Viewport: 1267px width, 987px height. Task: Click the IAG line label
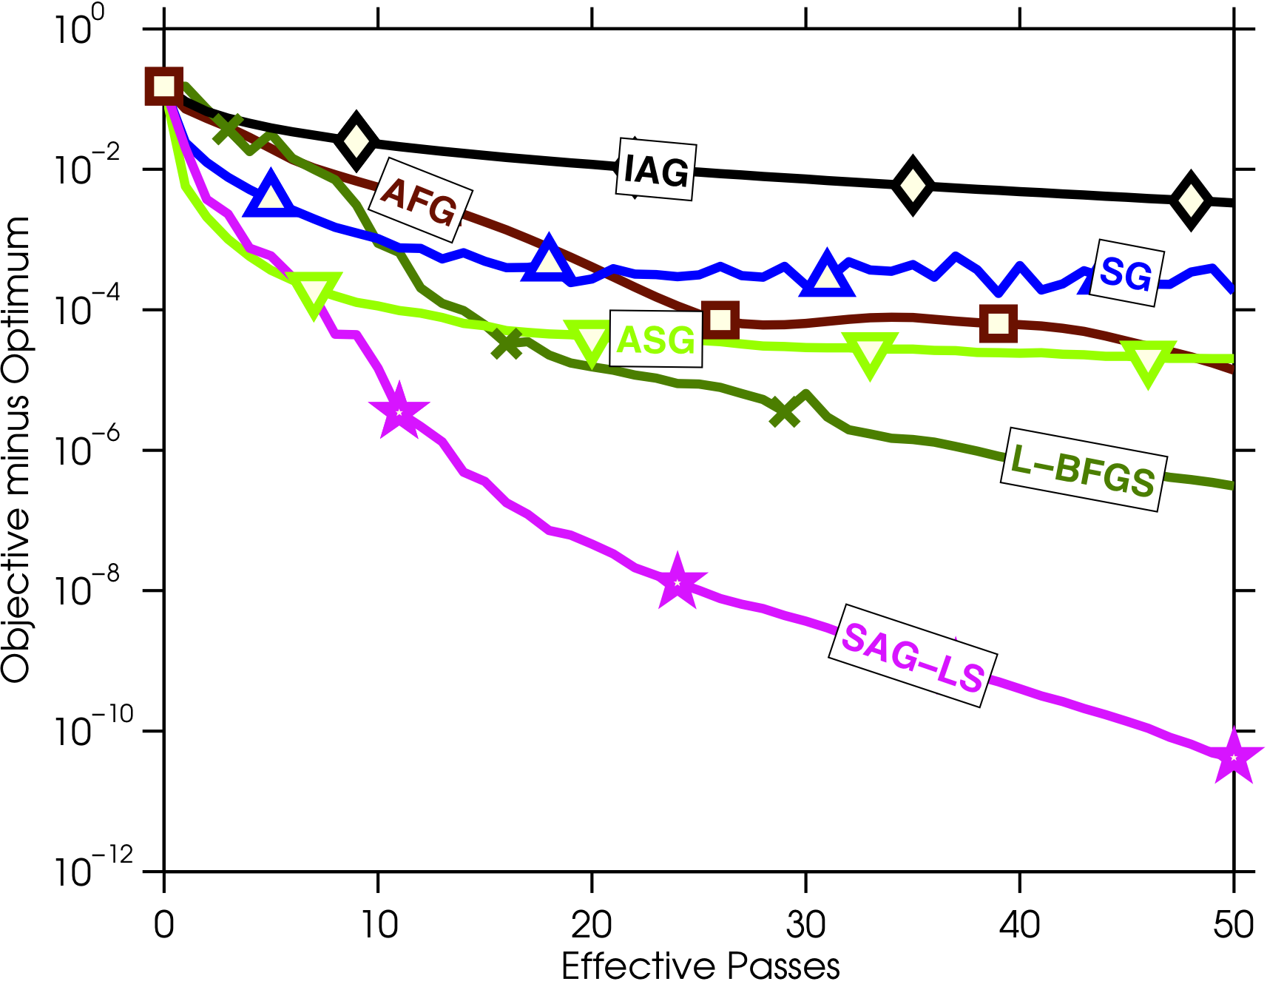[x=655, y=170]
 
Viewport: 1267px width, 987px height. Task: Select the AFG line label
[x=419, y=201]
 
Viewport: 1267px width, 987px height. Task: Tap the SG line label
[x=1126, y=274]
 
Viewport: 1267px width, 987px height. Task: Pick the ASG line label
[x=655, y=340]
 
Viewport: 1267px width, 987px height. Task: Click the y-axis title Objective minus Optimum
[x=16, y=449]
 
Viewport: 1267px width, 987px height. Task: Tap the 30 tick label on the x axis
[x=805, y=925]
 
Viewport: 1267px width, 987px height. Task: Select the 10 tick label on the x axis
[x=378, y=925]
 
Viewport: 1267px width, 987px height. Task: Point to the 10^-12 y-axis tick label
[x=93, y=870]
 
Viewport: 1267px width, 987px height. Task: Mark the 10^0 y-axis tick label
[x=80, y=29]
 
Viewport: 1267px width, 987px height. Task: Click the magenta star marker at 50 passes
[x=1233, y=757]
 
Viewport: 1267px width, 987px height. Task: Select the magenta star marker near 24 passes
[x=677, y=583]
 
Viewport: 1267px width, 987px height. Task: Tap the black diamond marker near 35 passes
[x=913, y=184]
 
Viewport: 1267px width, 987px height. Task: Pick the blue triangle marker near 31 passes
[x=827, y=275]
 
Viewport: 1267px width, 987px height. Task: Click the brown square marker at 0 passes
[x=163, y=86]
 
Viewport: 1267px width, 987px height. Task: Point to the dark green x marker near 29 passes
[x=784, y=411]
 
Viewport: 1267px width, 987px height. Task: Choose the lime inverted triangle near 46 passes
[x=1148, y=362]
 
